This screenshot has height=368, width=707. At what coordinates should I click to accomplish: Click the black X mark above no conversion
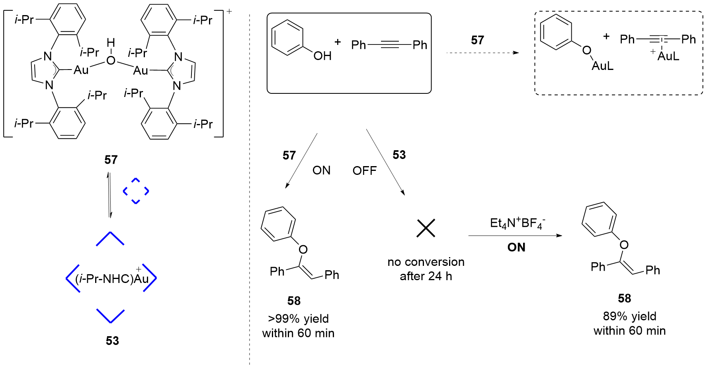click(426, 228)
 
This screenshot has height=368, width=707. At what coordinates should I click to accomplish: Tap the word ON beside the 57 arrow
click(321, 170)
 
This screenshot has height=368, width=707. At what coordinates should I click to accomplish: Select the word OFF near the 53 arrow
click(364, 171)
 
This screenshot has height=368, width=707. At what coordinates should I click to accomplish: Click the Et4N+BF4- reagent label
click(517, 223)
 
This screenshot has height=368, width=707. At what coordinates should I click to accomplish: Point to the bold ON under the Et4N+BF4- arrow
click(516, 248)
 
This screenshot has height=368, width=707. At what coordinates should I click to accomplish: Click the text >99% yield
click(298, 319)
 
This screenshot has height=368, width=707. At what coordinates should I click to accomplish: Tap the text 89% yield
click(629, 316)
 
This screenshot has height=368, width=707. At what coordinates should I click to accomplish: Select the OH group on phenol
click(322, 56)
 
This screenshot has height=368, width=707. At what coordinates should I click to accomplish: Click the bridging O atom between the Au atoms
click(111, 60)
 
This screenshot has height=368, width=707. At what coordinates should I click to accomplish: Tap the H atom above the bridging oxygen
click(111, 43)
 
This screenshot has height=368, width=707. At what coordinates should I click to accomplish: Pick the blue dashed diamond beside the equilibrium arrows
click(136, 191)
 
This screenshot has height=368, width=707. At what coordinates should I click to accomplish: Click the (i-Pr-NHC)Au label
click(111, 278)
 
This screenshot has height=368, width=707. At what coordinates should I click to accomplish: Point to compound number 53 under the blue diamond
click(112, 341)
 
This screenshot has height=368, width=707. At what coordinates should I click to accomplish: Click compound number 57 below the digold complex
click(111, 160)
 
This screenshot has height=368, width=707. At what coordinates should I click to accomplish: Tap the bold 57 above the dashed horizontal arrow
click(477, 40)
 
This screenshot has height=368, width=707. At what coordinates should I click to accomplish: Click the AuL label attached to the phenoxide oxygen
click(602, 66)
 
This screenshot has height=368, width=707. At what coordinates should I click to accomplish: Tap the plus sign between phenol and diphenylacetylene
click(338, 42)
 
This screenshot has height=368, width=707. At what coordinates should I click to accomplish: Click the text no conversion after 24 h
click(426, 269)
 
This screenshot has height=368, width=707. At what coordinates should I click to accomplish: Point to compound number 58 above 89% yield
click(624, 298)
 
